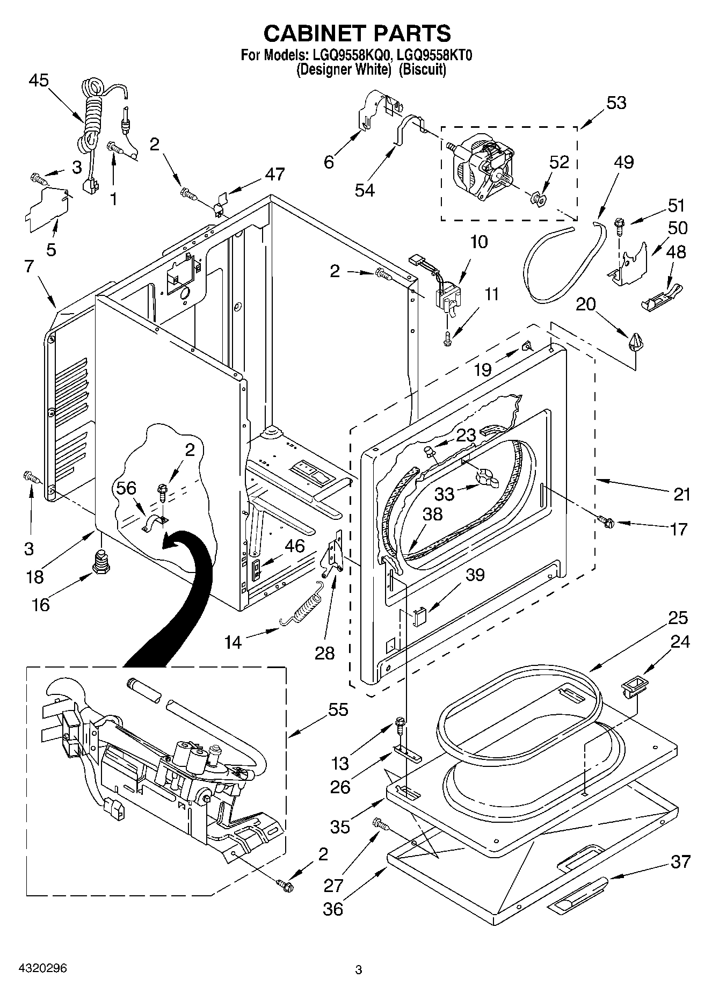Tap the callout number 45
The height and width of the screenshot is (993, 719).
pyautogui.click(x=39, y=81)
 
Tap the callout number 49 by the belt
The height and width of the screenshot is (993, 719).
pyautogui.click(x=623, y=162)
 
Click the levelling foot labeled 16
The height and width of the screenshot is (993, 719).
pyautogui.click(x=100, y=561)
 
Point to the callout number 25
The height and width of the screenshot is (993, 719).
pyautogui.click(x=678, y=618)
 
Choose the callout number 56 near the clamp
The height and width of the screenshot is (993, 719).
pyautogui.click(x=127, y=488)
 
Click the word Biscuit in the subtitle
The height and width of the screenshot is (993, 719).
pyautogui.click(x=424, y=69)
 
